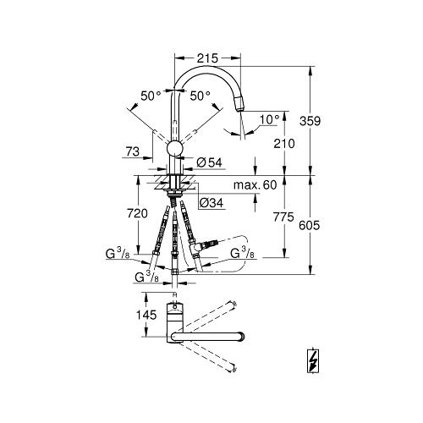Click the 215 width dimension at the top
207,58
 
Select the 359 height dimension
310,121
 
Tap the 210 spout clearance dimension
284,144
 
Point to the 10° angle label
269,119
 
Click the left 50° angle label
151,96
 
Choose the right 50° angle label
200,96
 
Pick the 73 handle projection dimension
133,151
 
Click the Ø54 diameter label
209,162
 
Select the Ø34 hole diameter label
211,202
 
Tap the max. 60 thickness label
255,185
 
